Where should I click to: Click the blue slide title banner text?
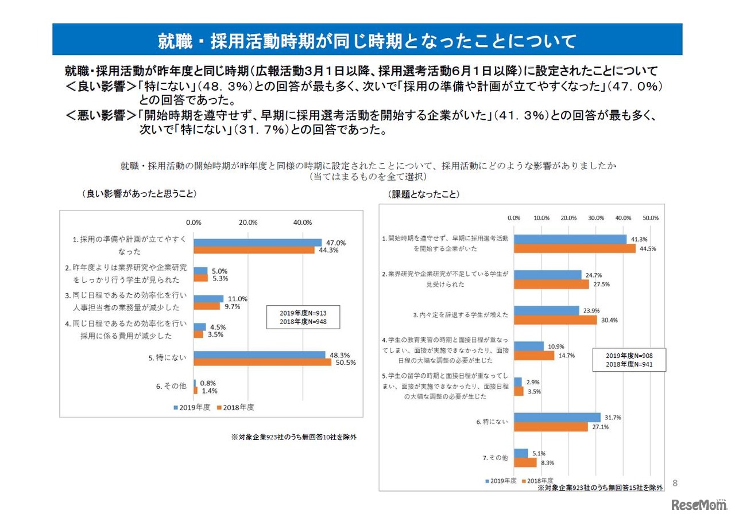click(x=367, y=41)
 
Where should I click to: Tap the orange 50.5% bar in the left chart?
click(x=262, y=363)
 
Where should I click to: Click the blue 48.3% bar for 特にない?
click(x=259, y=355)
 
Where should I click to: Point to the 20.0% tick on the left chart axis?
click(x=247, y=223)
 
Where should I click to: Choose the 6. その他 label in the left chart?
click(x=171, y=387)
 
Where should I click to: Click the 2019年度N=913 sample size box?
click(x=303, y=317)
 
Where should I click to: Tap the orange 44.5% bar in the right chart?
click(x=575, y=248)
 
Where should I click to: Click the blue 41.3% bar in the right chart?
click(x=570, y=239)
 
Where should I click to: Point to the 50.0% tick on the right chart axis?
click(x=650, y=218)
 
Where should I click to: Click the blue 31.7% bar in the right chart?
click(x=557, y=418)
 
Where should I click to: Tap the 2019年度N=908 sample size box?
click(x=629, y=360)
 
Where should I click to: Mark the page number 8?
click(x=675, y=483)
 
